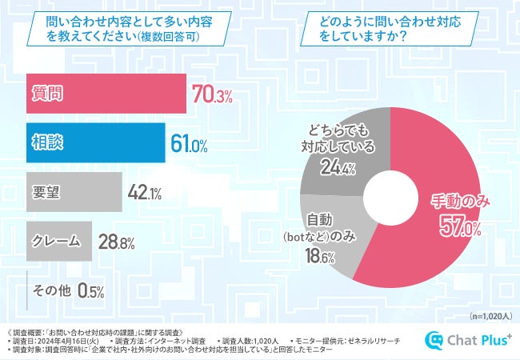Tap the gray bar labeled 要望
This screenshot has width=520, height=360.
(x=72, y=191)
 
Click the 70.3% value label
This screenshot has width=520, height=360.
(x=212, y=97)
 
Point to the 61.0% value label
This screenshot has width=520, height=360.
(x=190, y=145)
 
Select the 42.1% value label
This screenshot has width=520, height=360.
(x=145, y=192)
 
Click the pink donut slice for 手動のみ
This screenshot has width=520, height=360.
(x=432, y=240)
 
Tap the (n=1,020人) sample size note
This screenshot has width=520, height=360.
(x=489, y=316)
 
